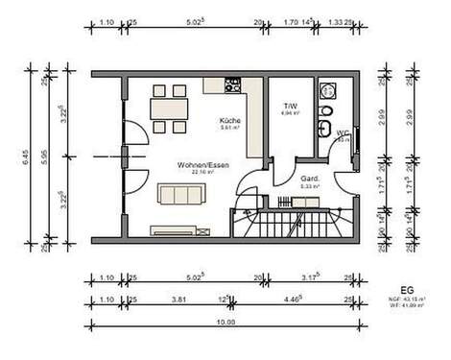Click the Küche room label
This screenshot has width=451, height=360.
228,119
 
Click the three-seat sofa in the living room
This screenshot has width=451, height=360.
180,195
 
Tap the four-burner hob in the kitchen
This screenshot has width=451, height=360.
231,84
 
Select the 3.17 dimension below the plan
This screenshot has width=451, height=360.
309,279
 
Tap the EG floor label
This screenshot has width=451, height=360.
407,288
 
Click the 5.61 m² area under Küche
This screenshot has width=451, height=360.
228,128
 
